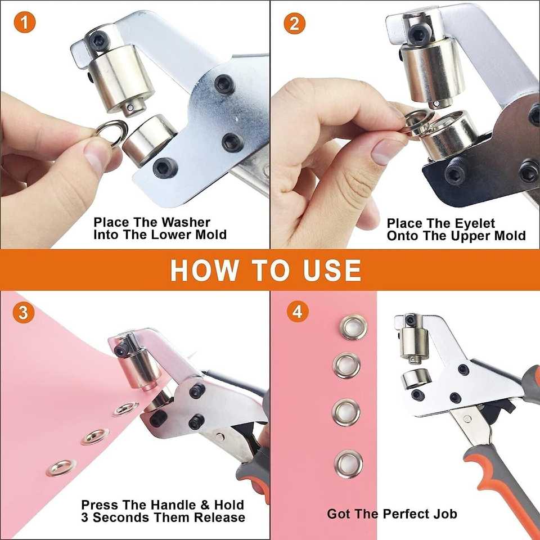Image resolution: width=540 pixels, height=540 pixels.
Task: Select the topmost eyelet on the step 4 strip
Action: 353,327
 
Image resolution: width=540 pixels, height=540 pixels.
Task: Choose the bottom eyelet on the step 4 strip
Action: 348,464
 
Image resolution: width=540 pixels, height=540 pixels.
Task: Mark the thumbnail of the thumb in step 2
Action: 385,151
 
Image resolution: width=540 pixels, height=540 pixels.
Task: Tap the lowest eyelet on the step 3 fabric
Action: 61,467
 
